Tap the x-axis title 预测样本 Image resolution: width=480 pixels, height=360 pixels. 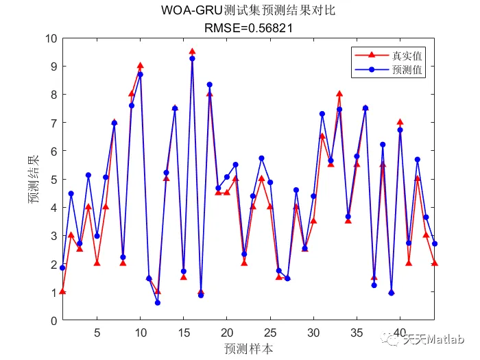point(248,348)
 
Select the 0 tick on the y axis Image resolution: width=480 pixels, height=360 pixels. point(51,320)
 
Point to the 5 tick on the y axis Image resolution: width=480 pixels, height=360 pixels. point(51,179)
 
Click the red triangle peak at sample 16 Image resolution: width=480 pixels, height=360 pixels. point(192,51)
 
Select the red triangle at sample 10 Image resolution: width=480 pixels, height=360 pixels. point(141,66)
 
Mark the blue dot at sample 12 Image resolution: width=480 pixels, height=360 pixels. point(158,302)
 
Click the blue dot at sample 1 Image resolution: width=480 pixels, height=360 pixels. point(62,267)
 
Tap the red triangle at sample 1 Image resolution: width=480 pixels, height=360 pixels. point(62,291)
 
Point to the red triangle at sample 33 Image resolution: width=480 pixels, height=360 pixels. point(339,94)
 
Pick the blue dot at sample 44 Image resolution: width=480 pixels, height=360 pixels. point(435,243)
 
